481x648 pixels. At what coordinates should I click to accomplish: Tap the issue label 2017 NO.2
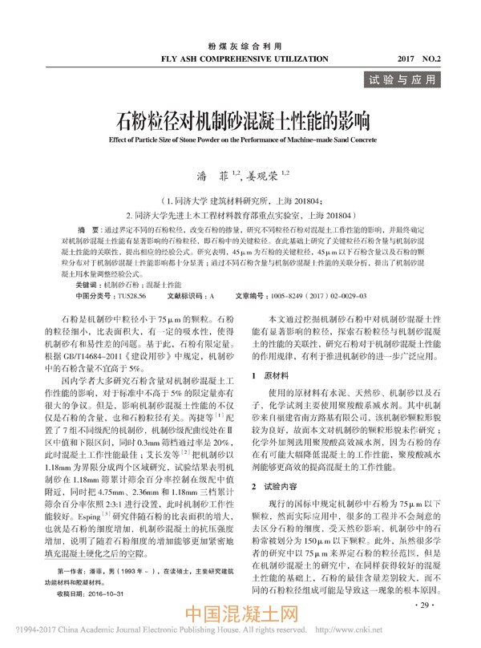(430, 59)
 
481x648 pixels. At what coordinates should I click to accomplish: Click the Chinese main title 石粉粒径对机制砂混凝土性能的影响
(240, 123)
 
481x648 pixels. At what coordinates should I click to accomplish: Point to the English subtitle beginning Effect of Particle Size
(240, 140)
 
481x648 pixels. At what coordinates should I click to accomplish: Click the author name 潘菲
(207, 172)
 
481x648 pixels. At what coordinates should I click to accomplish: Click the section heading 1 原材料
(271, 375)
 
